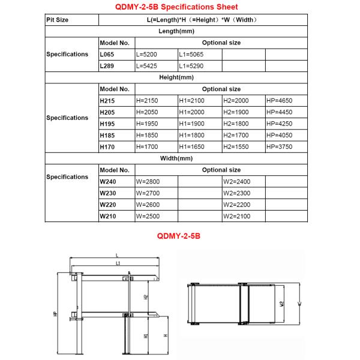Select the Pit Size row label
[x=58, y=20]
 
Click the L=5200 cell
[x=148, y=54]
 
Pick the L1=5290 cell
[x=192, y=66]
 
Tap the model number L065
[x=107, y=54]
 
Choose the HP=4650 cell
[x=279, y=101]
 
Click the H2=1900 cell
[x=235, y=112]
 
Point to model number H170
[x=108, y=146]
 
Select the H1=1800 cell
[x=192, y=135]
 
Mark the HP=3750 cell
[x=279, y=146]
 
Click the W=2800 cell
[x=148, y=181]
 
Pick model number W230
[x=108, y=193]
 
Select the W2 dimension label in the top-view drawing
[x=282, y=303]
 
